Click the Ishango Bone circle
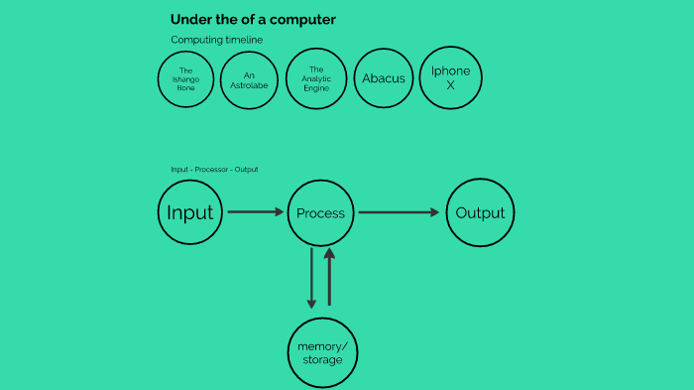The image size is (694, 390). [185, 78]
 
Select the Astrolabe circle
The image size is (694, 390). [250, 78]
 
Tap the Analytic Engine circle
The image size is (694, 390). [316, 78]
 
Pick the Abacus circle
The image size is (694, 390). [384, 78]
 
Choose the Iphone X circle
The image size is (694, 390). [450, 78]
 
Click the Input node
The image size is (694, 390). [189, 212]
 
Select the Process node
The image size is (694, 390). [320, 212]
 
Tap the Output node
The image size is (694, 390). [480, 212]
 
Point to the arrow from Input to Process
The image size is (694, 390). [255, 211]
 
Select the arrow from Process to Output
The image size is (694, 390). [398, 211]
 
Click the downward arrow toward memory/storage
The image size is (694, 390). [311, 278]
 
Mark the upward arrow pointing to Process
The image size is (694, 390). [330, 278]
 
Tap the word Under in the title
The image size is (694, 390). [189, 20]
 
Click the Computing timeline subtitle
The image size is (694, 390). [216, 40]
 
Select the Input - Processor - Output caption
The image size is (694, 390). [214, 170]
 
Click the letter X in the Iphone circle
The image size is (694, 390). [450, 85]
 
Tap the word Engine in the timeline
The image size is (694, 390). [316, 88]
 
